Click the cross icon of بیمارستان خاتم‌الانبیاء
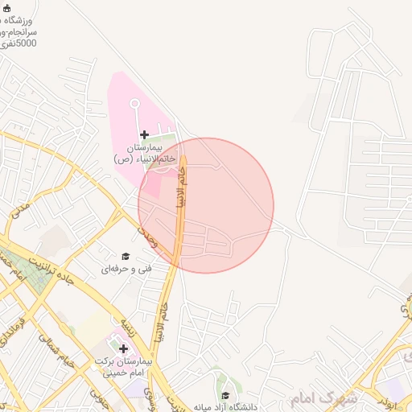[x=144, y=134]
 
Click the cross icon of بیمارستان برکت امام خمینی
[x=123, y=348]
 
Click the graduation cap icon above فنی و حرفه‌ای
[x=126, y=255]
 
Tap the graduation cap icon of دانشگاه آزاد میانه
[x=225, y=395]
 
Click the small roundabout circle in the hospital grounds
[x=134, y=102]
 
